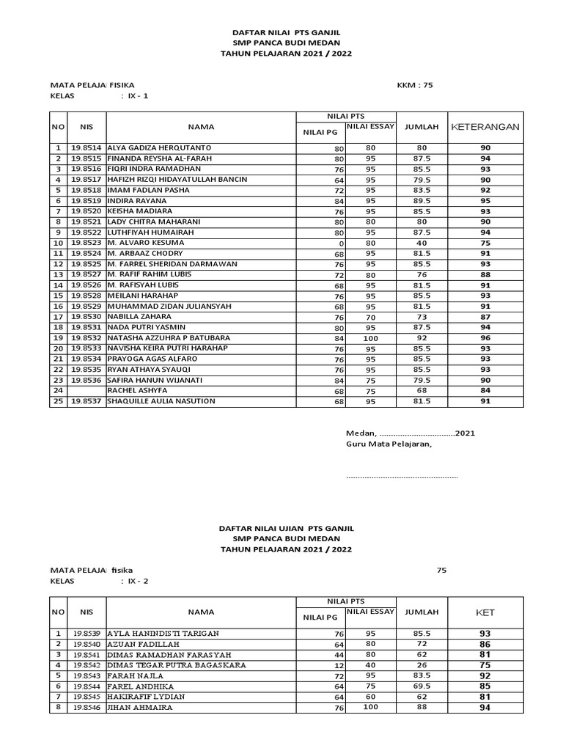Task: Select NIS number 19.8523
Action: [87, 243]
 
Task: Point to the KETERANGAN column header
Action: [485, 127]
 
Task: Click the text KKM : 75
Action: [415, 85]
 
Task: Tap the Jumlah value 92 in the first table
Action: [422, 338]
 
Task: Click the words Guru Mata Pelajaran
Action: [389, 444]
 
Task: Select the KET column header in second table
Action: [485, 611]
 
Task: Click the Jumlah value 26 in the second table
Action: [422, 665]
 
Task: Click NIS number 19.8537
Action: [87, 401]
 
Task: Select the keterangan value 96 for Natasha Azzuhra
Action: [485, 338]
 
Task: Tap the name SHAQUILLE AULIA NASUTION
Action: [161, 401]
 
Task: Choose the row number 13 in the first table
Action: [57, 274]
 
